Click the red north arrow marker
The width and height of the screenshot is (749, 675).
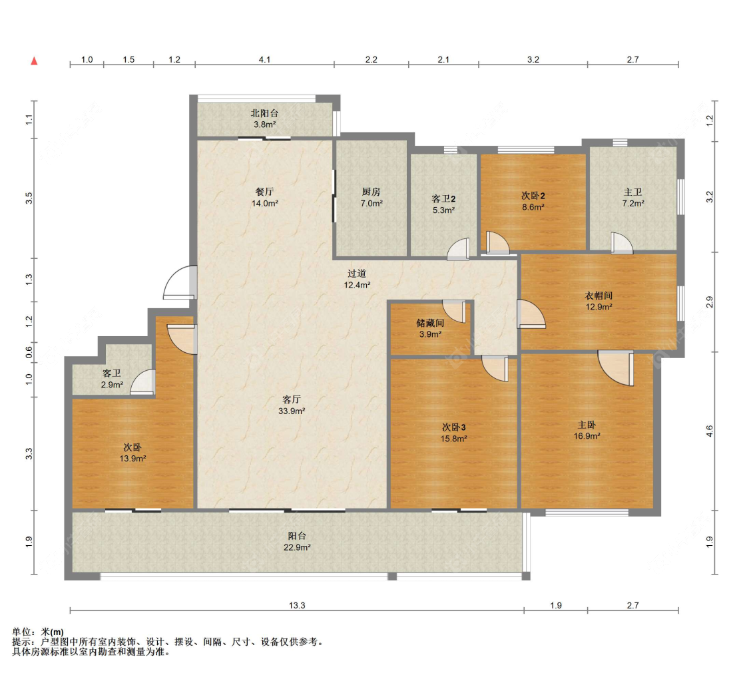pyautogui.click(x=34, y=61)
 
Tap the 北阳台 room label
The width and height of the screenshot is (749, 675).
pyautogui.click(x=264, y=113)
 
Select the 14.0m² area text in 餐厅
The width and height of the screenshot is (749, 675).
pyautogui.click(x=264, y=204)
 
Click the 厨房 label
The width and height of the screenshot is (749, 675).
pyautogui.click(x=371, y=192)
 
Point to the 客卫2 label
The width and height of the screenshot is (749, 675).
pyautogui.click(x=443, y=199)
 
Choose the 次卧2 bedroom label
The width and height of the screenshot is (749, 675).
pyautogui.click(x=533, y=196)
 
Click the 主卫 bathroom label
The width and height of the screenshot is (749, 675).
pyautogui.click(x=633, y=192)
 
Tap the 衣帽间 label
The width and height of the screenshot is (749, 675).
pyautogui.click(x=599, y=296)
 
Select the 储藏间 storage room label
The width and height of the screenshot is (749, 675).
pyautogui.click(x=430, y=323)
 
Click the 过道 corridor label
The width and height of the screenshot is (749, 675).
pyautogui.click(x=357, y=273)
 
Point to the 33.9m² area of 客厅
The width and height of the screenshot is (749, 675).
pyautogui.click(x=292, y=411)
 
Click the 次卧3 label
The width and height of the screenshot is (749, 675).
pyautogui.click(x=454, y=427)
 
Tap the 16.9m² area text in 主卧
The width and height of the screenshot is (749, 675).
pyautogui.click(x=587, y=436)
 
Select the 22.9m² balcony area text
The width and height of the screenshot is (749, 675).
pyautogui.click(x=297, y=547)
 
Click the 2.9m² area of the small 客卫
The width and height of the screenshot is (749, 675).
pyautogui.click(x=112, y=385)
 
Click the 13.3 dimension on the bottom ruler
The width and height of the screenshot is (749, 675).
pyautogui.click(x=297, y=605)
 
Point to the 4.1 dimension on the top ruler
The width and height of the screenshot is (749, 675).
pyautogui.click(x=264, y=59)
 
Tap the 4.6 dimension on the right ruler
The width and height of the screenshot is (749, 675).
pyautogui.click(x=709, y=431)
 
